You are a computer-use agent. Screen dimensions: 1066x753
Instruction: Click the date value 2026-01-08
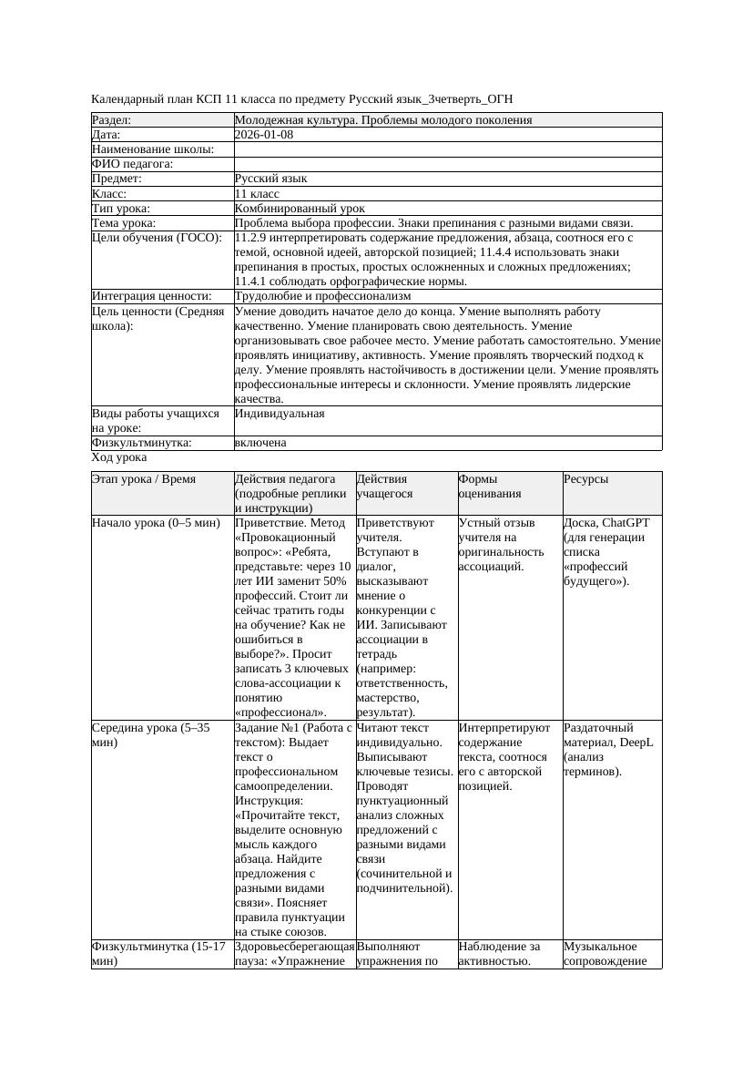264,135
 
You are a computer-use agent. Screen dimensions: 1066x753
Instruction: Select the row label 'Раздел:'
112,120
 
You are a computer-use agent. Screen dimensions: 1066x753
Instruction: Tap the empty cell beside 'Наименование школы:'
447,149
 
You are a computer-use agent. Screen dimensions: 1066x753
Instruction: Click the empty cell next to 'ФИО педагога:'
447,164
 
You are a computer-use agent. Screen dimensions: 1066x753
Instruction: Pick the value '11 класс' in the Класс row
257,194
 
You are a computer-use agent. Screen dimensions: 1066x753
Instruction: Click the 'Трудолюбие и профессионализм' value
322,296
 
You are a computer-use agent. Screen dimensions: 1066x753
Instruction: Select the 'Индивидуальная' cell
280,414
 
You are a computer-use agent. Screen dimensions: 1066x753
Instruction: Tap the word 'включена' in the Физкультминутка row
260,443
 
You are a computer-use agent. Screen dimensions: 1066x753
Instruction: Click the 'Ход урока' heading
119,458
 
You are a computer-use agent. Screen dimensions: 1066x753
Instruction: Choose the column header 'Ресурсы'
586,479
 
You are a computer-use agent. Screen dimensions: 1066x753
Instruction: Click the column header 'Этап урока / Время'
144,479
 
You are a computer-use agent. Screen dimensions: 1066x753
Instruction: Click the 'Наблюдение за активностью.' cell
499,954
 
